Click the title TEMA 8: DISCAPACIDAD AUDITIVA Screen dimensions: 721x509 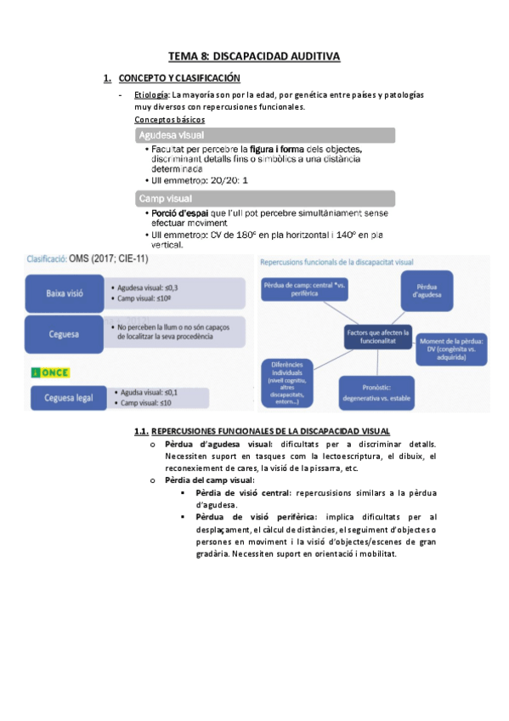(x=254, y=56)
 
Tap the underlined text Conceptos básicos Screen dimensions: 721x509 (x=170, y=120)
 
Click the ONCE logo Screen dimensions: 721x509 (x=50, y=372)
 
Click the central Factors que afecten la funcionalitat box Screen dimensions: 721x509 (x=378, y=337)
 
